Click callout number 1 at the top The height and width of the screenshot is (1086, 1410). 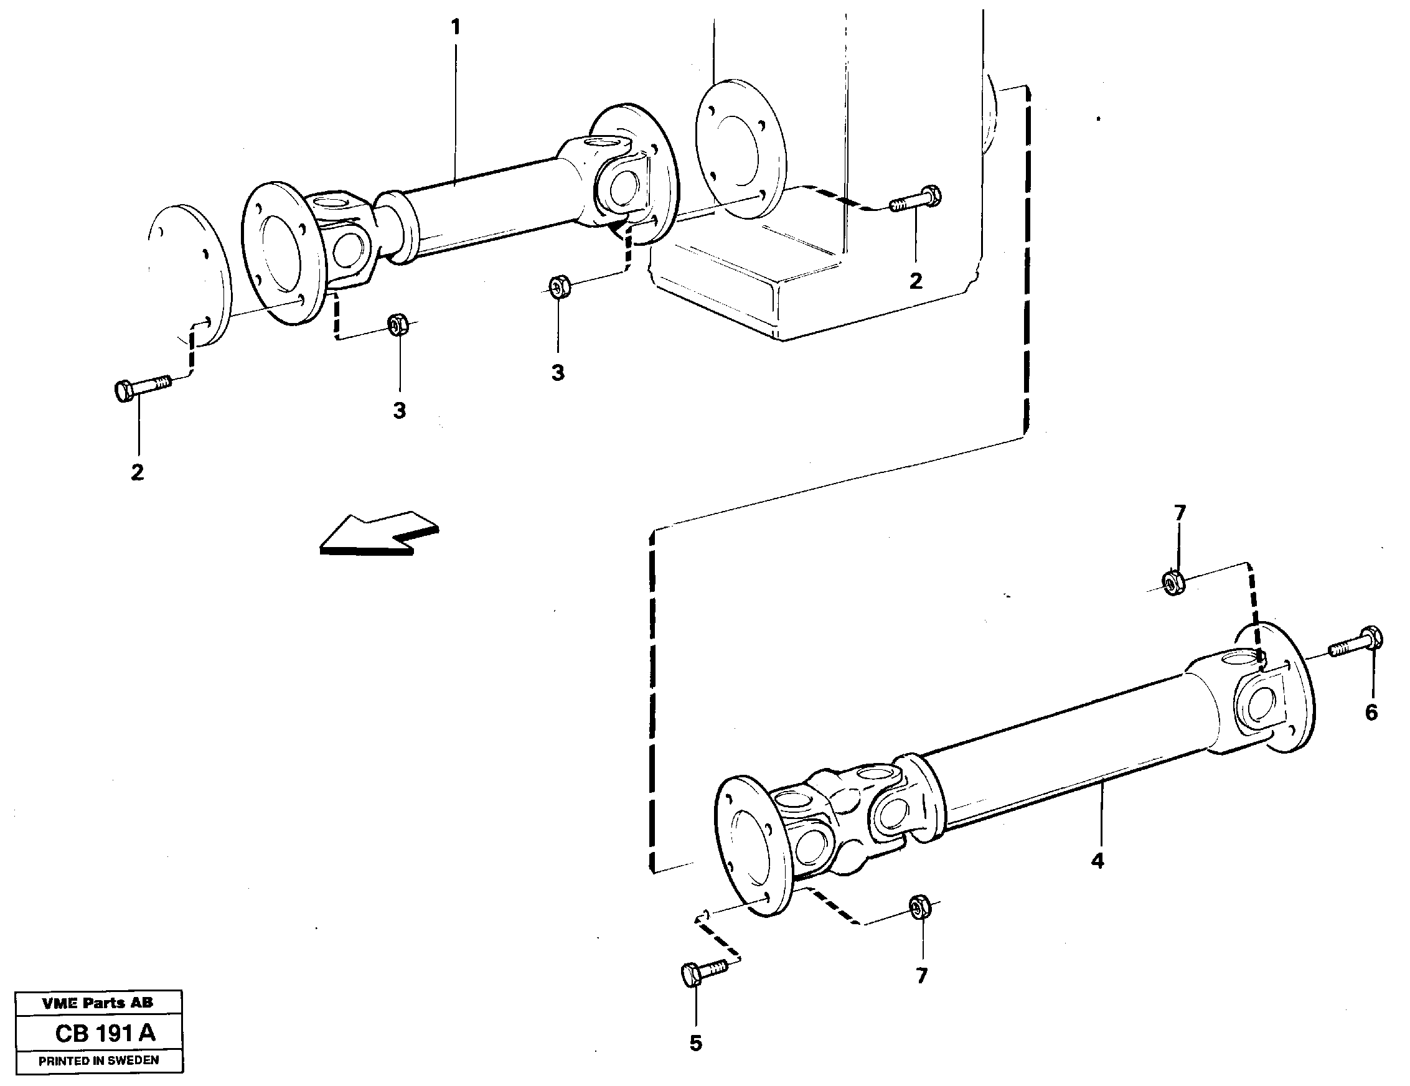coord(456,27)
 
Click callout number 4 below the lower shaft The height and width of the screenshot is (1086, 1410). coord(1097,861)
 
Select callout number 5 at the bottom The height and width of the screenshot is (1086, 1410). coord(695,1044)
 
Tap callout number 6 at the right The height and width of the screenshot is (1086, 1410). coord(1371,713)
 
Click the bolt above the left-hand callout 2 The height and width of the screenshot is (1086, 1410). coord(142,386)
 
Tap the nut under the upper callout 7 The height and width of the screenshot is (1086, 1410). coord(1172,582)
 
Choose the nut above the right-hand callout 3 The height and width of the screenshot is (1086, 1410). coord(559,286)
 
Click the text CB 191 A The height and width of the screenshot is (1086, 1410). coord(105,1033)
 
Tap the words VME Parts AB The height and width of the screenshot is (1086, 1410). coord(98,1002)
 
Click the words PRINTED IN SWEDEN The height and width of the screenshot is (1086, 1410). coord(99,1060)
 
